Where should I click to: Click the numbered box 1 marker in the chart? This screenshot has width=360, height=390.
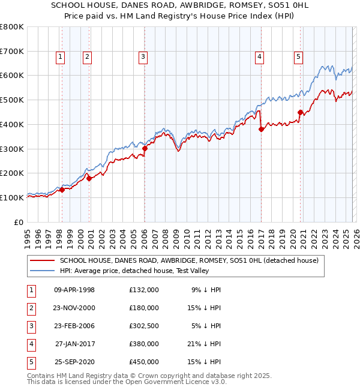[61, 57]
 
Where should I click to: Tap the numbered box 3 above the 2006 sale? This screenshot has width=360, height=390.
[143, 57]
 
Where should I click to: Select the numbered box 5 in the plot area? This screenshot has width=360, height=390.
[298, 57]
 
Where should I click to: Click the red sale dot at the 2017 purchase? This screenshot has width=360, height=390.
[261, 129]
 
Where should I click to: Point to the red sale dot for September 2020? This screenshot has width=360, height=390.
[300, 112]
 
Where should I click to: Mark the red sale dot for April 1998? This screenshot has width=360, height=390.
[62, 190]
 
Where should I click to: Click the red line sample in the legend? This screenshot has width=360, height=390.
[42, 260]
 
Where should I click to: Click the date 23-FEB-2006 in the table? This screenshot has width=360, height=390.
[74, 326]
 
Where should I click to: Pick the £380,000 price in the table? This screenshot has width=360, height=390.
[143, 344]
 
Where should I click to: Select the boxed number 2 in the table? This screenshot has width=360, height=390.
[30, 308]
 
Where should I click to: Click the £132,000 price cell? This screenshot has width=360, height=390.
[143, 290]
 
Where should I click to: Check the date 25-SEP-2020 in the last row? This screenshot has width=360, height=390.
[74, 362]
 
